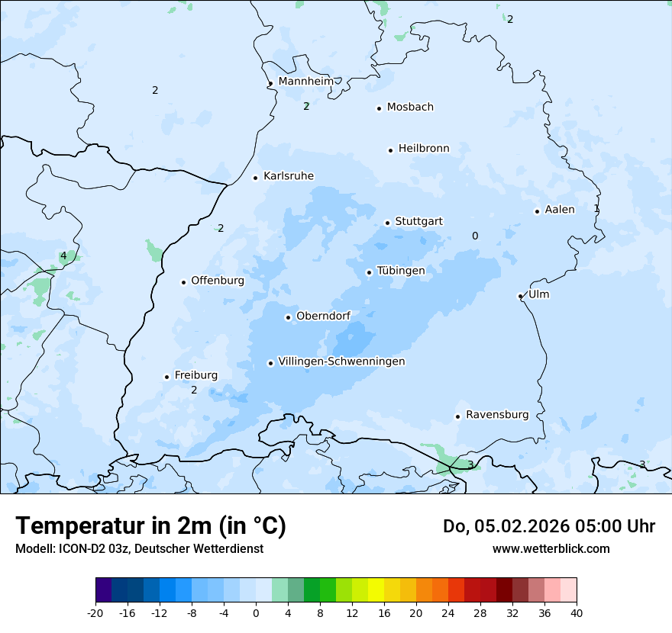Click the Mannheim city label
305,81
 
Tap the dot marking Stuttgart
387,223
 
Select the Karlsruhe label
288,176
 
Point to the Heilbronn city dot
390,150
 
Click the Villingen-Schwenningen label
341,361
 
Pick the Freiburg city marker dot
166,377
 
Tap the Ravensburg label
496,415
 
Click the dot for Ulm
520,296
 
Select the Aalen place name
559,210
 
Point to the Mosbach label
410,107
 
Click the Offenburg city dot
183,282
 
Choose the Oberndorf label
323,316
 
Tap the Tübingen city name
400,271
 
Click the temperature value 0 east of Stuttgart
475,236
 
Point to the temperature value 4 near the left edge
63,256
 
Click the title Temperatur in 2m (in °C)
150,525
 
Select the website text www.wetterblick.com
551,548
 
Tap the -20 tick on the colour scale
95,612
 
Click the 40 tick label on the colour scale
577,612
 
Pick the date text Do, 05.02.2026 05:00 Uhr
548,526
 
